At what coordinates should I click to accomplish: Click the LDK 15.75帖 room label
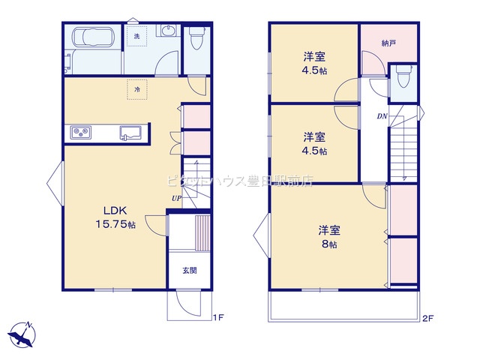pos(115,217)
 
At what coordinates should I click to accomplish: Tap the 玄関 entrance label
pos(190,270)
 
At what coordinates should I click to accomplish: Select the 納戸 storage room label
pos(388,43)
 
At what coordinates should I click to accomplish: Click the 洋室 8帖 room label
pos(329,237)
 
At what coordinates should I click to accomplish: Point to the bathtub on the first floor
pos(92,37)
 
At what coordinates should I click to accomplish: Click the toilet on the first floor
pos(196,37)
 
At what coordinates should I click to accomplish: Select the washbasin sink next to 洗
pos(167,31)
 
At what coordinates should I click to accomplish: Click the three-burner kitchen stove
pos(81,133)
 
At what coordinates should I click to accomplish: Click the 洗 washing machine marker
pos(136,36)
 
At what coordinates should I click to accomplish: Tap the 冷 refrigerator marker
pos(137,89)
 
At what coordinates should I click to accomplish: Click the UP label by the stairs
pos(176,198)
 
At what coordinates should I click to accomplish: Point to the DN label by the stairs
pos(382,116)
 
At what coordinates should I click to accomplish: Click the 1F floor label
pos(218,318)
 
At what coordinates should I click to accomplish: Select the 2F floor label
pos(428,318)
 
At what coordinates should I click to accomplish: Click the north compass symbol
pos(22,334)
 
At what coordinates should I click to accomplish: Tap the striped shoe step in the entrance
pos(202,233)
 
